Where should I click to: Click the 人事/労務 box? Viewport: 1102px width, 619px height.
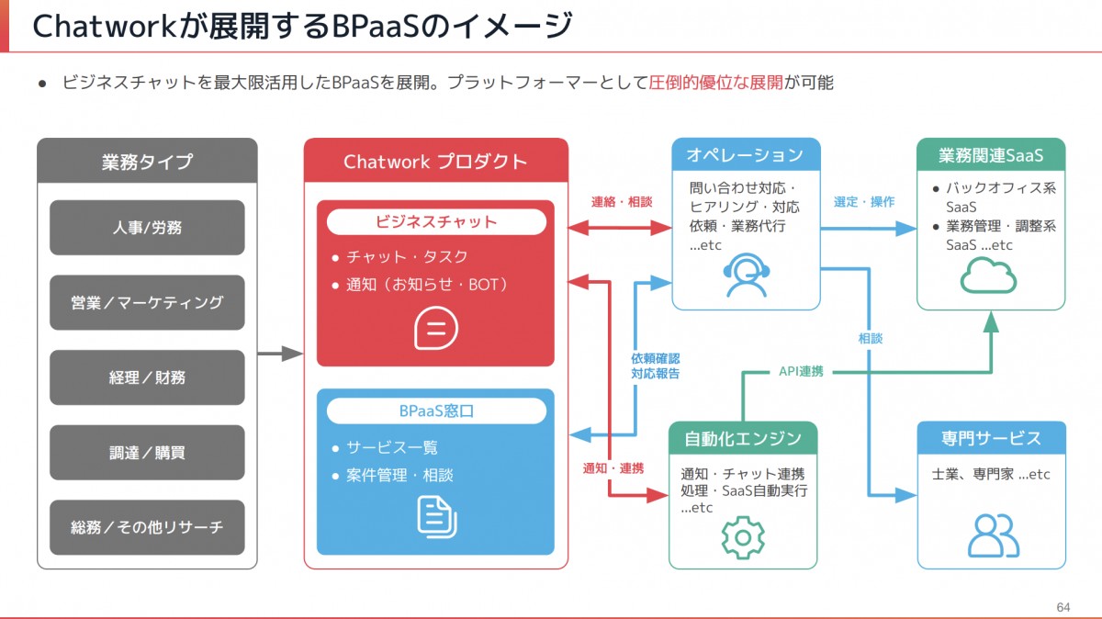[147, 228]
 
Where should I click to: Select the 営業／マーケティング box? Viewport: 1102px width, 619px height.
[147, 302]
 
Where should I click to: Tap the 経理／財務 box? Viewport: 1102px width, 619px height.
[147, 377]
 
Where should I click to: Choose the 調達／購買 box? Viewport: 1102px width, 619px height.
[147, 453]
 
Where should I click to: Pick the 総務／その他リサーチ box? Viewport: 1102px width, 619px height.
[147, 527]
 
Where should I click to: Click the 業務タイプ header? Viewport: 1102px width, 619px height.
[147, 162]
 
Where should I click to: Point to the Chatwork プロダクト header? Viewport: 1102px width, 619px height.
[435, 162]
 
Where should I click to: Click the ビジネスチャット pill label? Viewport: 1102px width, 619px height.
[435, 221]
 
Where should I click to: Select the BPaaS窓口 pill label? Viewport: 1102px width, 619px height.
[435, 411]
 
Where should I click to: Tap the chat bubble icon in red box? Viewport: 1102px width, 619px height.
[435, 328]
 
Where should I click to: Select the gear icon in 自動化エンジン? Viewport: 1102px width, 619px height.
[743, 536]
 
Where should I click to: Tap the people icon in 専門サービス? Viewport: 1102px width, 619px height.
[992, 535]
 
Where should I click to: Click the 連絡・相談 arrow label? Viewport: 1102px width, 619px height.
[622, 202]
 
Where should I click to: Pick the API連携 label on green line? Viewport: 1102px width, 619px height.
[801, 371]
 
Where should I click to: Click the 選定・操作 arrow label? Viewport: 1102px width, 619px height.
[863, 202]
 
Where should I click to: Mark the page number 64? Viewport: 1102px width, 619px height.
[1063, 607]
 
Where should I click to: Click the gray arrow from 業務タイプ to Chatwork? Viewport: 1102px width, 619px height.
[280, 354]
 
